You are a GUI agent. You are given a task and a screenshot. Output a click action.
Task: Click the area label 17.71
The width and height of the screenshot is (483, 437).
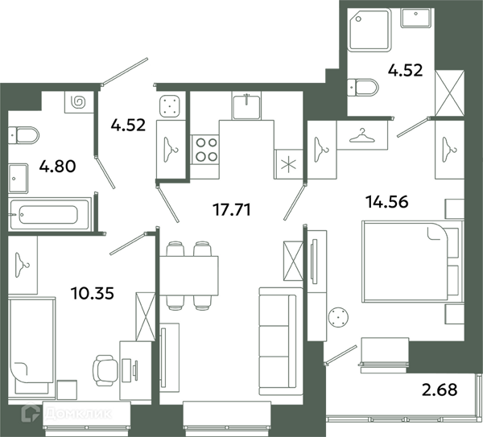(x=232, y=210)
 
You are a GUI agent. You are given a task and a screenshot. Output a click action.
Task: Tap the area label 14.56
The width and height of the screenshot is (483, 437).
(x=387, y=202)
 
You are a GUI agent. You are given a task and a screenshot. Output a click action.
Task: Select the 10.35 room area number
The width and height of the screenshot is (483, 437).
(x=93, y=293)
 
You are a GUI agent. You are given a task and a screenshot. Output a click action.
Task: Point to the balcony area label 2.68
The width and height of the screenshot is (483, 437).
(x=440, y=390)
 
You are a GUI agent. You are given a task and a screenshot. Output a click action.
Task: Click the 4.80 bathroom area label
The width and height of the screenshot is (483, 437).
(x=58, y=167)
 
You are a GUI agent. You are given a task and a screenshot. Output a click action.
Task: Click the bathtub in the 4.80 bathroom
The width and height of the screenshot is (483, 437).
(x=50, y=214)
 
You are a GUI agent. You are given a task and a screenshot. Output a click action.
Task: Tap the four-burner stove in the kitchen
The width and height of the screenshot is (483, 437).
(x=205, y=150)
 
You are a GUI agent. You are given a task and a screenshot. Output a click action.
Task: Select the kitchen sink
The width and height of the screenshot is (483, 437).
(x=246, y=105)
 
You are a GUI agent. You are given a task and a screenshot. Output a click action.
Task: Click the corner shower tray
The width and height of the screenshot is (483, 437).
(x=369, y=29)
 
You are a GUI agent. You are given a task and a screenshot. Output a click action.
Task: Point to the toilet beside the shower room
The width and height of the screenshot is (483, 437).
(x=362, y=88)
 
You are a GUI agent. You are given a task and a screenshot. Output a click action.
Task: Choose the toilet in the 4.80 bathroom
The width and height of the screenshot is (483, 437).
(x=23, y=135)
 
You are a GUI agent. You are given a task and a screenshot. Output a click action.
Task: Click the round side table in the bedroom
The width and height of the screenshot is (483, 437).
(x=338, y=316)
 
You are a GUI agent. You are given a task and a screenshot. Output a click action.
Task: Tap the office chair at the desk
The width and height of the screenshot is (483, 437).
(x=105, y=370)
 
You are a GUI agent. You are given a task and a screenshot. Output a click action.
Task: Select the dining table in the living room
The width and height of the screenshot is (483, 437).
(x=189, y=275)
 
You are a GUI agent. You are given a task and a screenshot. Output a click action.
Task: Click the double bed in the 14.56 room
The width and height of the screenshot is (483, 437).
(x=413, y=261)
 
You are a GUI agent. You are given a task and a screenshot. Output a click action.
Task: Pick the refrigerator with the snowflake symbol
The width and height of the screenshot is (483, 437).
(x=289, y=164)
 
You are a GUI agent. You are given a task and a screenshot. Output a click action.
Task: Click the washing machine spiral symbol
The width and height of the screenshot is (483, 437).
(x=78, y=102)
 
